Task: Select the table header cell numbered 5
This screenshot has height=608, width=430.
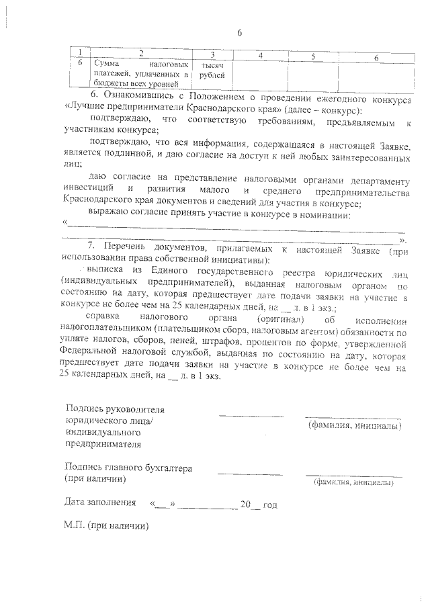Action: (x=313, y=55)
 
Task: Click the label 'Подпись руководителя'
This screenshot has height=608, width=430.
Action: (x=115, y=410)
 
